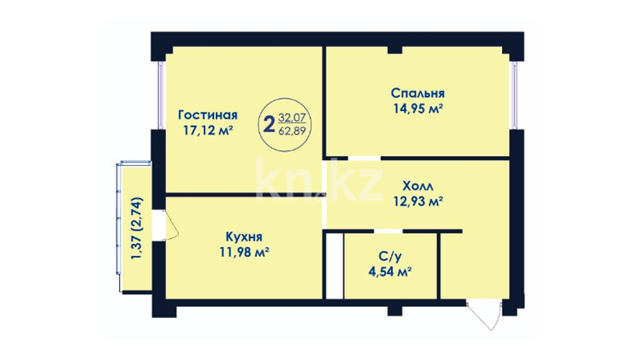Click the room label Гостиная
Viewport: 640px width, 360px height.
208,115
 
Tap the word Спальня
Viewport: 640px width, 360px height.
418,93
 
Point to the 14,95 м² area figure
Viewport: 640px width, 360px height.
418,109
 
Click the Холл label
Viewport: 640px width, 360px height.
418,186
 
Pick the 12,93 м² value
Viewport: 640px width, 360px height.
418,201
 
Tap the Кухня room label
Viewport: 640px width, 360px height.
244,237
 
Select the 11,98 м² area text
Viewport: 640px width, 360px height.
244,252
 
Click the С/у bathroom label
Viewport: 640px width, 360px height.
390,257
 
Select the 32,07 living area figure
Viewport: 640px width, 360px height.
292,117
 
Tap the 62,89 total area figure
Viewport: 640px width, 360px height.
292,131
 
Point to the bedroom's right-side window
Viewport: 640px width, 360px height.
515,95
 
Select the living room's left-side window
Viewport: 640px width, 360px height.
160,95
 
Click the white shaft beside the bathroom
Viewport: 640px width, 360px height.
334,266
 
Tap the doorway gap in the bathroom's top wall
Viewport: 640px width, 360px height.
388,231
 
